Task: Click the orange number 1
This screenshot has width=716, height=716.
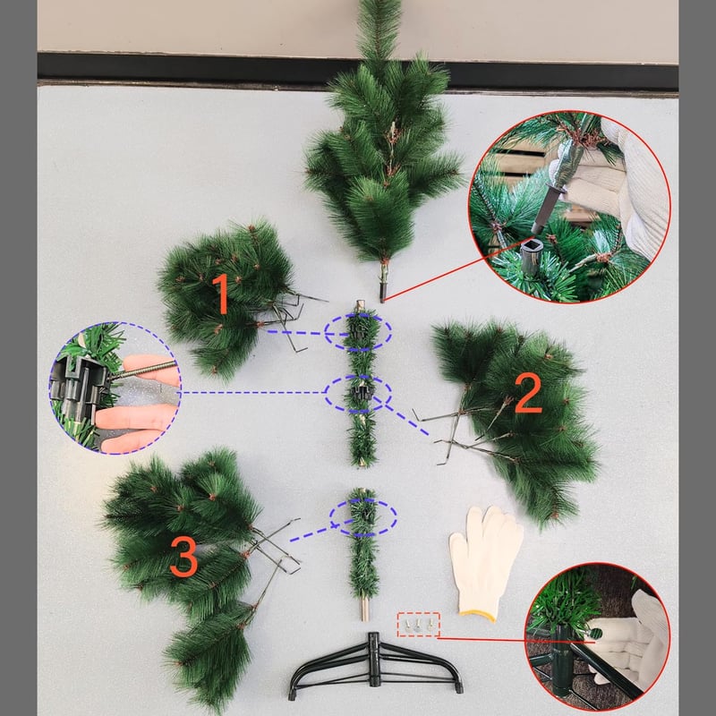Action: pyautogui.click(x=222, y=294)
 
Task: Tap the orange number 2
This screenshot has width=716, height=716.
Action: pyautogui.click(x=528, y=393)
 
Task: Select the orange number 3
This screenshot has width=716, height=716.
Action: pyautogui.click(x=183, y=556)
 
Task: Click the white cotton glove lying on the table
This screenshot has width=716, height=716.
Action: pyautogui.click(x=485, y=561)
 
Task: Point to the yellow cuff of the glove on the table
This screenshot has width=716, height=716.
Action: pyautogui.click(x=478, y=615)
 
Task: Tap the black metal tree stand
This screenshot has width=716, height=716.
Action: pyautogui.click(x=375, y=666)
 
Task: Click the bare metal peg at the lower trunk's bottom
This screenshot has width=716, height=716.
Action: pyautogui.click(x=364, y=609)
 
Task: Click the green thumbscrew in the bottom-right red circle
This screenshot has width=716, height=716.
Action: pyautogui.click(x=595, y=634)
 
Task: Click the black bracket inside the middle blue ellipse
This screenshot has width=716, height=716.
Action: pyautogui.click(x=360, y=392)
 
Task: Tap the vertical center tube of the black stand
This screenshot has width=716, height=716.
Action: pyautogui.click(x=374, y=659)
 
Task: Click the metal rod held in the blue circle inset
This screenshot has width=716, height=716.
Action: pyautogui.click(x=142, y=370)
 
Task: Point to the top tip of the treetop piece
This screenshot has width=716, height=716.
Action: pyautogui.click(x=379, y=2)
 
